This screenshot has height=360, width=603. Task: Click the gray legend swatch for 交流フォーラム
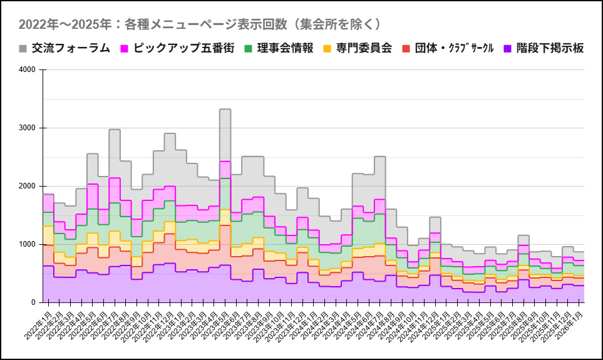pos(23,48)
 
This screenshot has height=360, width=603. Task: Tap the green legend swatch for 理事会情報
pos(248,48)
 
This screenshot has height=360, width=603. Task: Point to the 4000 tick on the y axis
pos(27,69)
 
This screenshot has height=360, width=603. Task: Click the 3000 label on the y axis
pos(27,128)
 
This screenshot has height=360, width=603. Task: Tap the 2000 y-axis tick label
pos(27,186)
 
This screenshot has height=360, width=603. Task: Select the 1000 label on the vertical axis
pos(27,244)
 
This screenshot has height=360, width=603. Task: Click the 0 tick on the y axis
pos(33,302)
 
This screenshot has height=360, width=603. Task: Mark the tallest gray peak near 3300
pos(225,110)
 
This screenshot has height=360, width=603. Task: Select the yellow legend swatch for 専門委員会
pos(327,48)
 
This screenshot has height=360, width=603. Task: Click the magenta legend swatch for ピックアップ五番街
pos(124,48)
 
